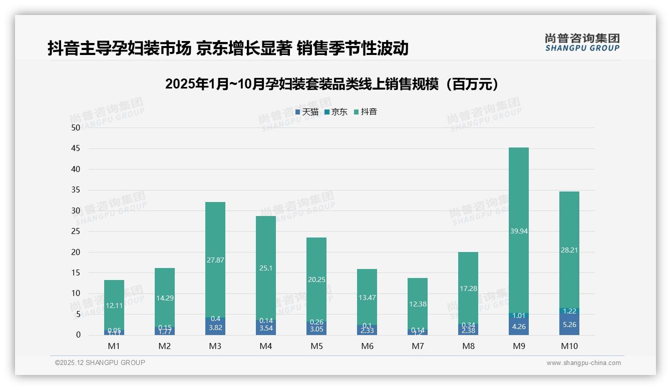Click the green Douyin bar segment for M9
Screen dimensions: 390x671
(518, 210)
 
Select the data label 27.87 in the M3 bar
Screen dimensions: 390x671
(215, 260)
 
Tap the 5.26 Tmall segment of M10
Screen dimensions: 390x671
(569, 324)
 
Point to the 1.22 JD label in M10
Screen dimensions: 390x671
(569, 311)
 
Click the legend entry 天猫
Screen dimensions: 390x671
(307, 112)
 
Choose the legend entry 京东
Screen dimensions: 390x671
(336, 112)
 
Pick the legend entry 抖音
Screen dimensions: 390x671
(366, 112)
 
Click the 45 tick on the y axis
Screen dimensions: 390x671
(76, 148)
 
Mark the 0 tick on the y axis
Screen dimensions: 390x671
(78, 335)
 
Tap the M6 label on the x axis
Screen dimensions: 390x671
(367, 346)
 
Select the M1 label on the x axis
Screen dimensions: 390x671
(114, 346)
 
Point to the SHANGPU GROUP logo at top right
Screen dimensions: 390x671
(582, 42)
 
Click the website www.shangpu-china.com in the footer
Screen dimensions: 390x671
(583, 363)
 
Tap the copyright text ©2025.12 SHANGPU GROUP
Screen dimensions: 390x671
(100, 363)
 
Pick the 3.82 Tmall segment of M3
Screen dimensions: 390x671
(215, 327)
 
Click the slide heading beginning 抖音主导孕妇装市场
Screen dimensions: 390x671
(228, 48)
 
